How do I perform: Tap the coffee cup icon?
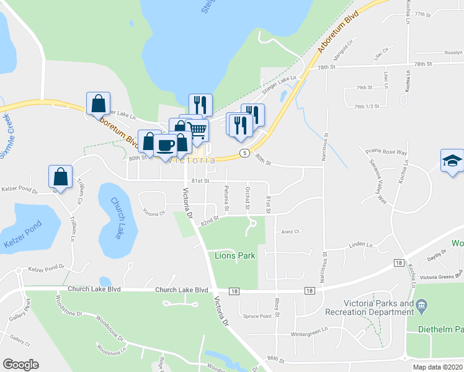tap(166, 145)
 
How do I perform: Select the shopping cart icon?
tap(198, 130)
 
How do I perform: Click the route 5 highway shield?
tap(245, 153)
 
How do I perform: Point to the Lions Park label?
tap(235, 255)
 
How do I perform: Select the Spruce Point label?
tap(257, 316)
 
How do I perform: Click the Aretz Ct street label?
tap(290, 231)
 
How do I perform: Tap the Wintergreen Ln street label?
tap(308, 334)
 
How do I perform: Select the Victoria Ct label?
tap(154, 213)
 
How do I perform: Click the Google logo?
tap(20, 365)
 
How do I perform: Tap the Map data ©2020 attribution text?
tap(437, 367)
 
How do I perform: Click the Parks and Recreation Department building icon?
tap(422, 304)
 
